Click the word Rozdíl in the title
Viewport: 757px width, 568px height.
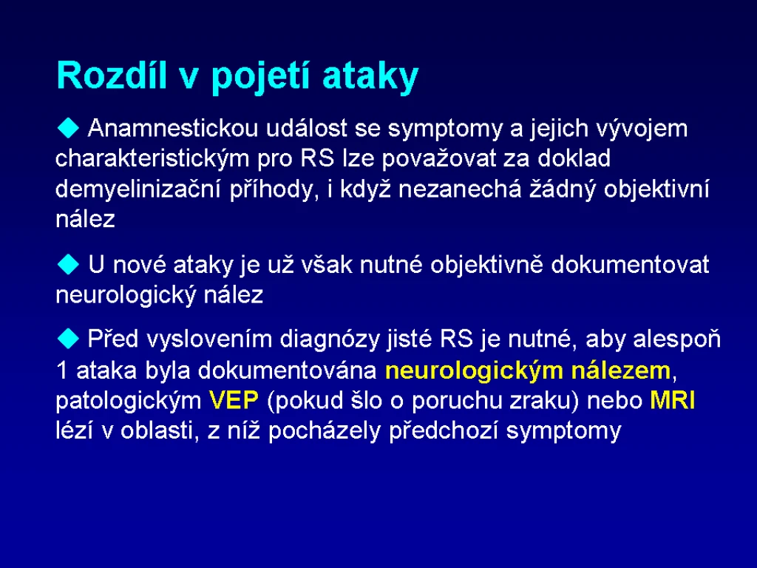[111, 75]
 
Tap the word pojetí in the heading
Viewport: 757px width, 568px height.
[259, 78]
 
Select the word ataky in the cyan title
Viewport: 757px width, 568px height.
[370, 78]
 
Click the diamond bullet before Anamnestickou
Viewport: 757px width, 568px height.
[68, 128]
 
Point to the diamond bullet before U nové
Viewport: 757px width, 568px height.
[68, 265]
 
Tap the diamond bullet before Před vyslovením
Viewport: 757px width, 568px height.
[68, 339]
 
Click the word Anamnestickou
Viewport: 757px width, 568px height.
[173, 129]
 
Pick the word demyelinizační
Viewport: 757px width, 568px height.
[138, 189]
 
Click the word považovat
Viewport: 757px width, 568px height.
[439, 159]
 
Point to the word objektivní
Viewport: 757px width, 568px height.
[656, 189]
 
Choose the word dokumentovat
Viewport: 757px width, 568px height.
[630, 265]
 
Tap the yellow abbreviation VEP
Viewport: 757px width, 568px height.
[234, 401]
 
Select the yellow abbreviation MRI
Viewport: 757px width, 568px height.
[673, 401]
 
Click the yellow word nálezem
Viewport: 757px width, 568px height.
[621, 371]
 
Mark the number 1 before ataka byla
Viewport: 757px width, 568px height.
[62, 371]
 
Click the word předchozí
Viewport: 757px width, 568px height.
[444, 431]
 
